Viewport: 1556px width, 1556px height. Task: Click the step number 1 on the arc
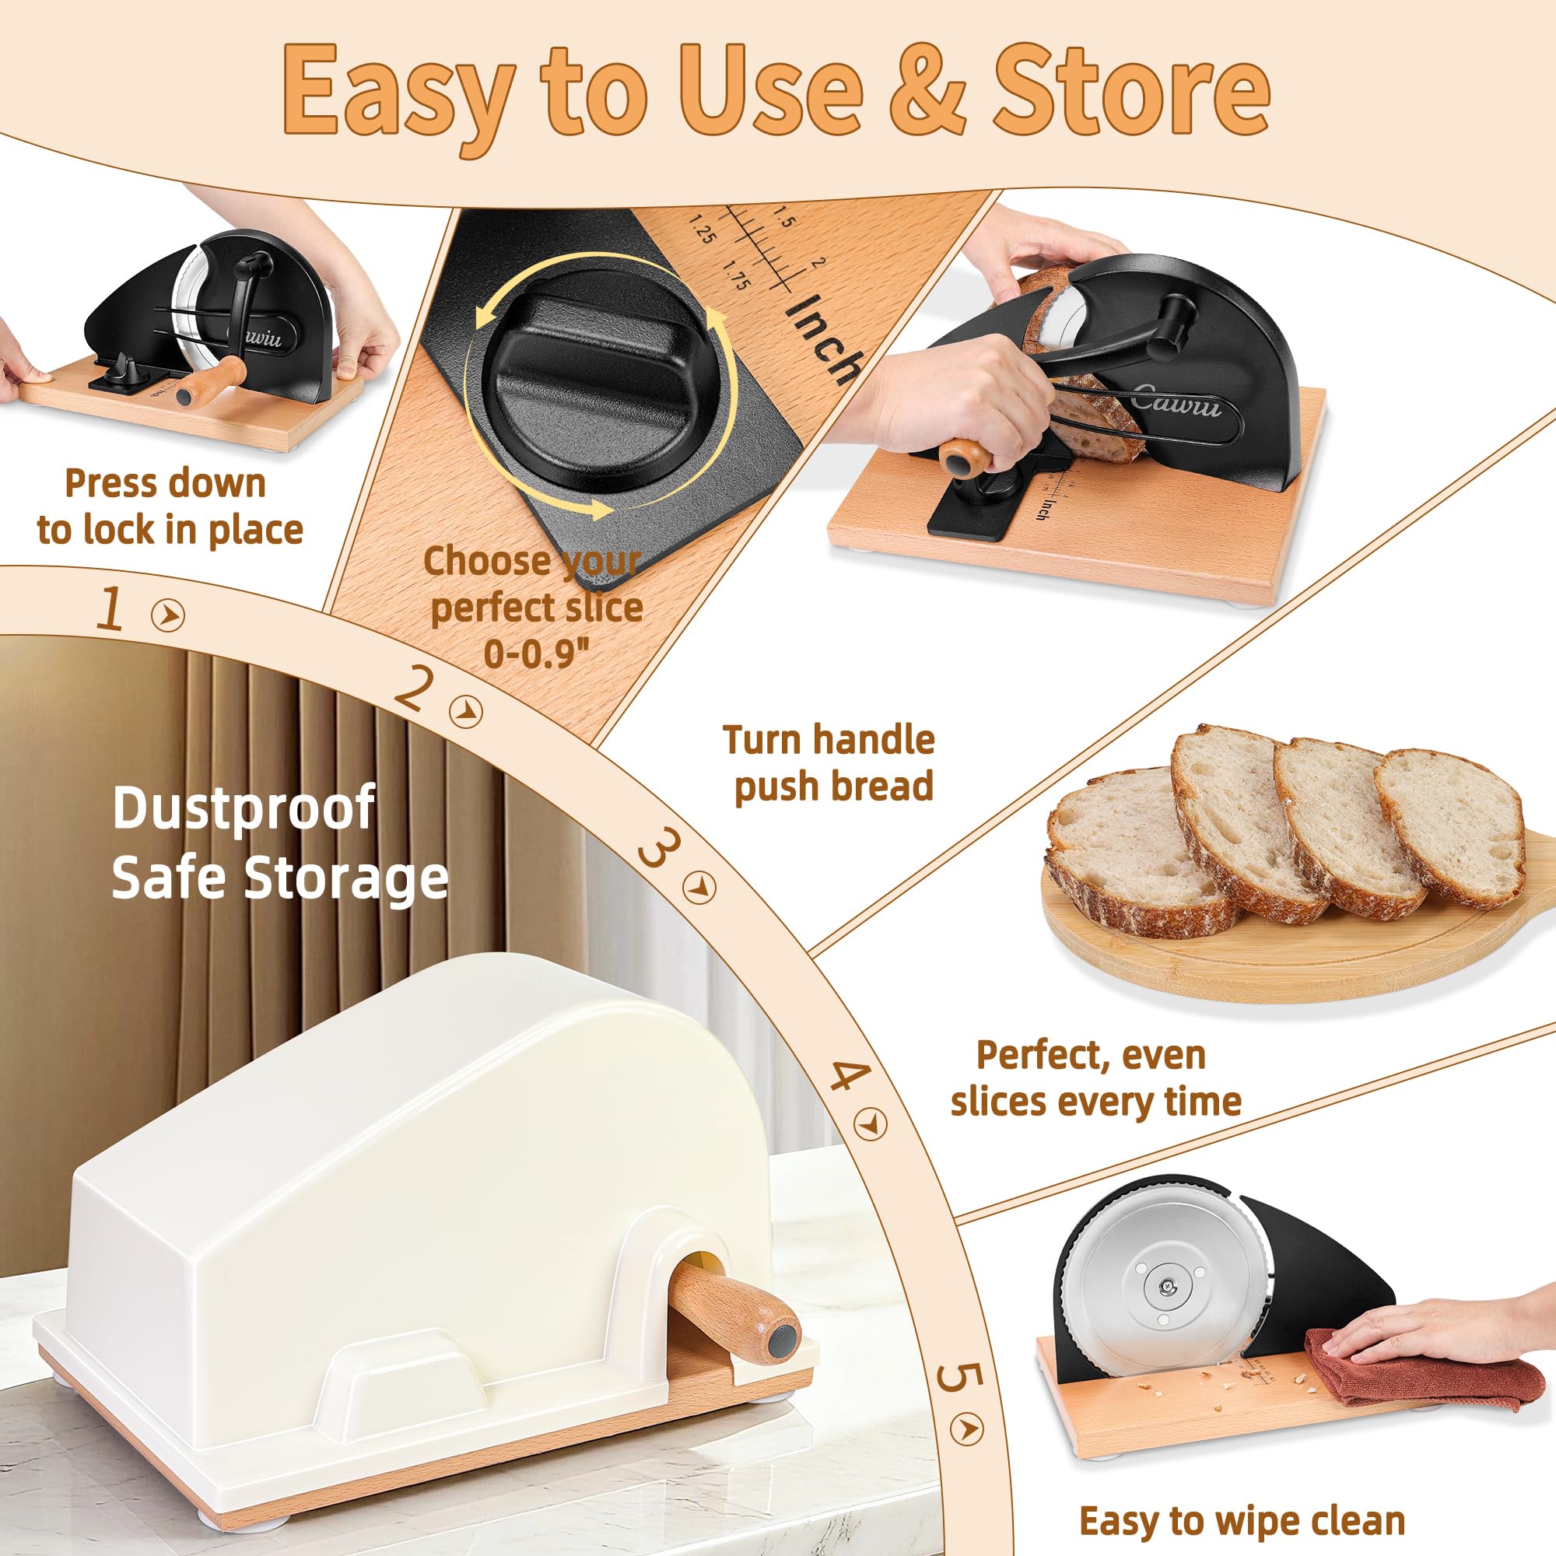110,609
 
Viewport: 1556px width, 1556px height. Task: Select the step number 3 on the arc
658,850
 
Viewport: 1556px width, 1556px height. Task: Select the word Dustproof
244,808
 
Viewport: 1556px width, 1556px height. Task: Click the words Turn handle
829,739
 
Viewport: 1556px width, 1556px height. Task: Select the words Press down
165,483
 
